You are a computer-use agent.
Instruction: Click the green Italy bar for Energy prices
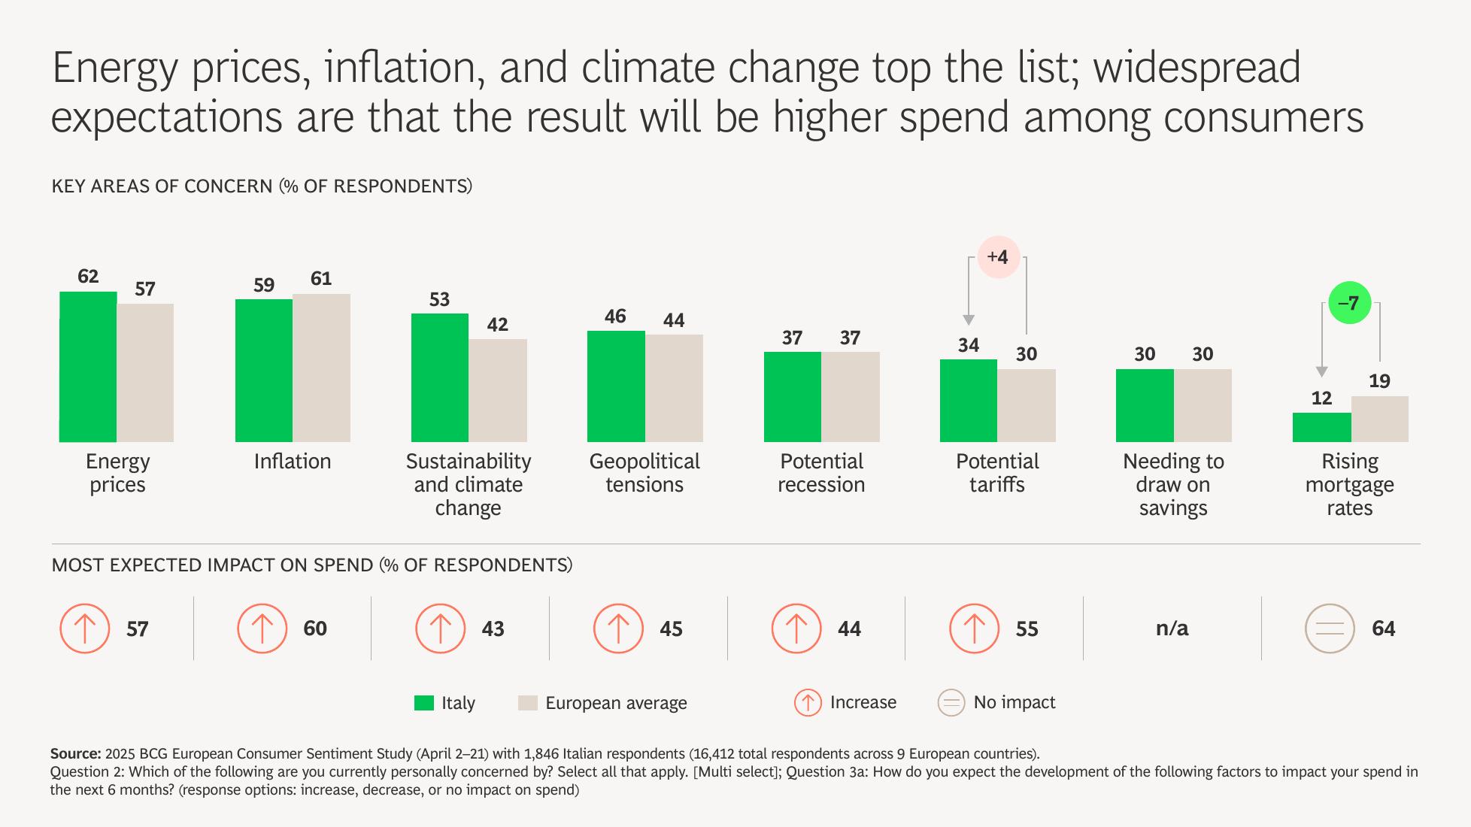coord(88,367)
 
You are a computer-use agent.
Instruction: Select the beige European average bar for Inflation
coord(321,368)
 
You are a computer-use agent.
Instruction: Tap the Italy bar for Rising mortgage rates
coord(1321,427)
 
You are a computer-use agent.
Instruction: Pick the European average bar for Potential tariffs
coord(1027,405)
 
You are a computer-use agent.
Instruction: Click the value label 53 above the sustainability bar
coord(439,299)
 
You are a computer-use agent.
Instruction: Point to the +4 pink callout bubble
coord(997,257)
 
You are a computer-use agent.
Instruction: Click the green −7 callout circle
coord(1350,303)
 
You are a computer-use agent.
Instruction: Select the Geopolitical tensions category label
coord(645,473)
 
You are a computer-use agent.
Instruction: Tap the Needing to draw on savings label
coord(1173,484)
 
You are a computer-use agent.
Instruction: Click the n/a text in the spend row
coord(1172,629)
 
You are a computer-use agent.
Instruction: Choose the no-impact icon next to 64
coord(1330,629)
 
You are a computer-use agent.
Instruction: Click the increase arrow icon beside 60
coord(262,629)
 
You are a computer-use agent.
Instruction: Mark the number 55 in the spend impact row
coord(1027,629)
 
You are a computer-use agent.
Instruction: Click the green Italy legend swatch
coord(424,703)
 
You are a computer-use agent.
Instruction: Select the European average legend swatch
coord(528,703)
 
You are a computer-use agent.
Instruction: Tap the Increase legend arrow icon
coord(808,703)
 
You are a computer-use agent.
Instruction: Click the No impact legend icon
coord(951,703)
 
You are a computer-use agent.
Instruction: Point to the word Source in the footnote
coord(75,753)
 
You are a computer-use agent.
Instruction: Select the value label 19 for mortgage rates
coord(1379,381)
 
